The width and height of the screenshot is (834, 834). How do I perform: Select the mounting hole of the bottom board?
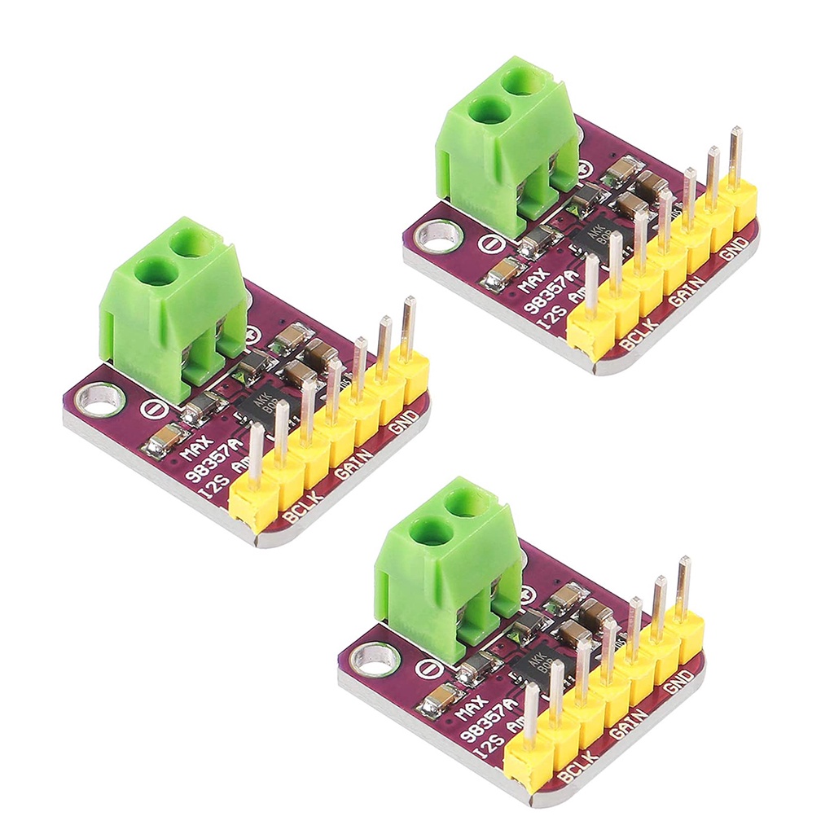pyautogui.click(x=374, y=657)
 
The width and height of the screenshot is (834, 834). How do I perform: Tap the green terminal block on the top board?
pyautogui.click(x=509, y=143)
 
